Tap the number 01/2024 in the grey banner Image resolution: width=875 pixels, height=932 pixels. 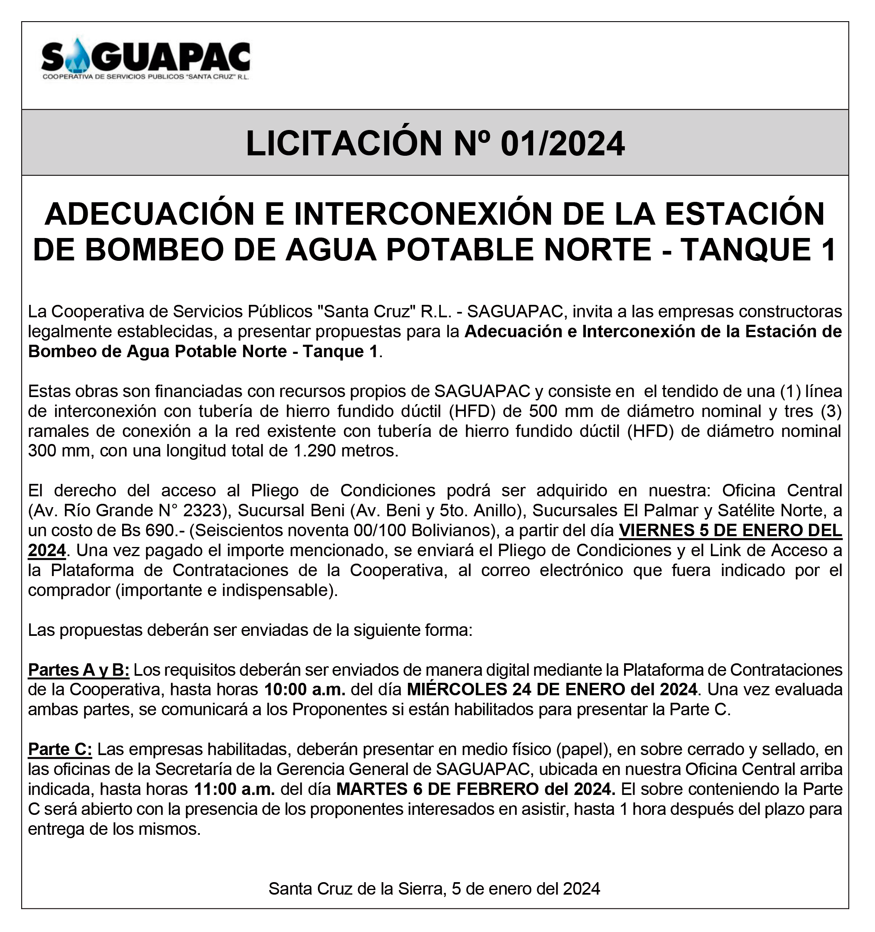click(x=562, y=143)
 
